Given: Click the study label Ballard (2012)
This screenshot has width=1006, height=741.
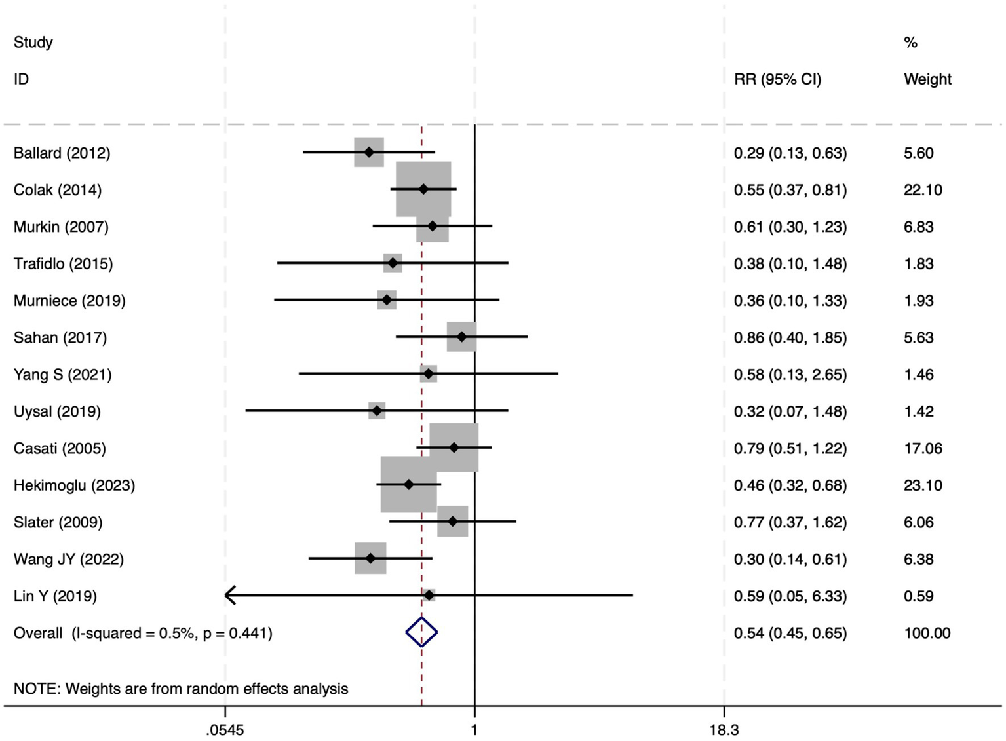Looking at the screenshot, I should point(62,153).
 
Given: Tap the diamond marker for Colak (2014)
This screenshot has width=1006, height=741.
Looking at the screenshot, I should point(423,189).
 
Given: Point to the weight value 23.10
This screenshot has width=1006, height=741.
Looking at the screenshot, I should point(923,485).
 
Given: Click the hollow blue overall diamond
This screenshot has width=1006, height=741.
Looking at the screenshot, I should point(421,632).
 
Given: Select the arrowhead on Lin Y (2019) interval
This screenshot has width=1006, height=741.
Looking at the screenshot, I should point(229,595).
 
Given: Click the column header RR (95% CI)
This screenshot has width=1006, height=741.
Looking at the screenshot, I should point(777,79).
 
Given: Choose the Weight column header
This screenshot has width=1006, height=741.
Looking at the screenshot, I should point(927,79).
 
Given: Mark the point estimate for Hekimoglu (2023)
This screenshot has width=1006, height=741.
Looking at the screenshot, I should point(409,485).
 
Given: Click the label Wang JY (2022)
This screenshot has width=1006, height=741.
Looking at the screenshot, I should point(69,559).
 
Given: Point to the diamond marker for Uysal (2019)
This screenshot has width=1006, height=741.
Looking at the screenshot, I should point(377,411).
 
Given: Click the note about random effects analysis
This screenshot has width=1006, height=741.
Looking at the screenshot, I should point(181,689).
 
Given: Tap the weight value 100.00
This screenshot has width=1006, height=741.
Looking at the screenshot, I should point(927,633).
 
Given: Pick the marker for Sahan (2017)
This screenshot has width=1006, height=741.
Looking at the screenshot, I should point(462,337).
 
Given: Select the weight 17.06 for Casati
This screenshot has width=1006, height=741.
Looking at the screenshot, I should point(923,448).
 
